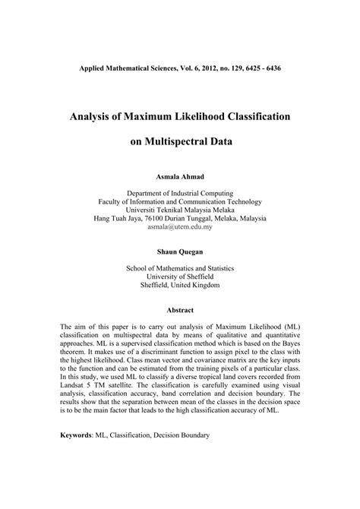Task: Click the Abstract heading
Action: (x=180, y=310)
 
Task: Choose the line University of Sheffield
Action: (x=180, y=277)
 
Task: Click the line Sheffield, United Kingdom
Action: (x=180, y=286)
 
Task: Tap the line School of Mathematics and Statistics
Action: (x=180, y=268)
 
